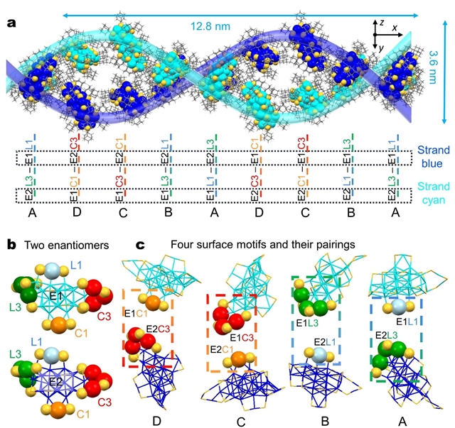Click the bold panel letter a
(11, 23)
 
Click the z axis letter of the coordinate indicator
(382, 23)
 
